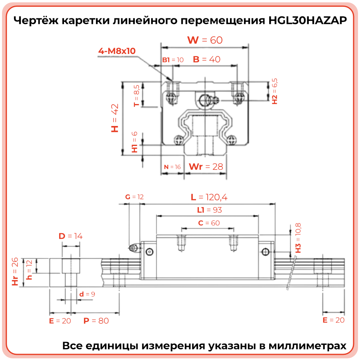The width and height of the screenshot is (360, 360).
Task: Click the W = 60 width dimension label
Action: [205, 40]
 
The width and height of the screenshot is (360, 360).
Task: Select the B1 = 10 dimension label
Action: [172, 60]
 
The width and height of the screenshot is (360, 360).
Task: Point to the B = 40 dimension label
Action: [206, 59]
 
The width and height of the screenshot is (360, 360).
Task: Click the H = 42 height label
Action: [115, 118]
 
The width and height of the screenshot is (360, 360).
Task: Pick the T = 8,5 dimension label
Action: [136, 96]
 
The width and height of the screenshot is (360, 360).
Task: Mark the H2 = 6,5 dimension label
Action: [274, 91]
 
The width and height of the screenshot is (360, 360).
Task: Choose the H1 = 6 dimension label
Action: [135, 142]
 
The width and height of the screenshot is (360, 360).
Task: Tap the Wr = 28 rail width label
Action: [206, 166]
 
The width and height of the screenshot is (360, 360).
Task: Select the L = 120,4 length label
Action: [209, 197]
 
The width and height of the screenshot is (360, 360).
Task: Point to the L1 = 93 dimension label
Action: [209, 210]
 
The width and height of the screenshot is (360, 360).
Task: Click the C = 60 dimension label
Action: [209, 223]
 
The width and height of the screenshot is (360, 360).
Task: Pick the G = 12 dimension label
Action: [134, 197]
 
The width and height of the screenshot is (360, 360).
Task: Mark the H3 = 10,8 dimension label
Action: [298, 238]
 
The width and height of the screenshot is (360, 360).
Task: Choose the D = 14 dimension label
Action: [70, 236]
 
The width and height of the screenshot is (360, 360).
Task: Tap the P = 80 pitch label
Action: [96, 321]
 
